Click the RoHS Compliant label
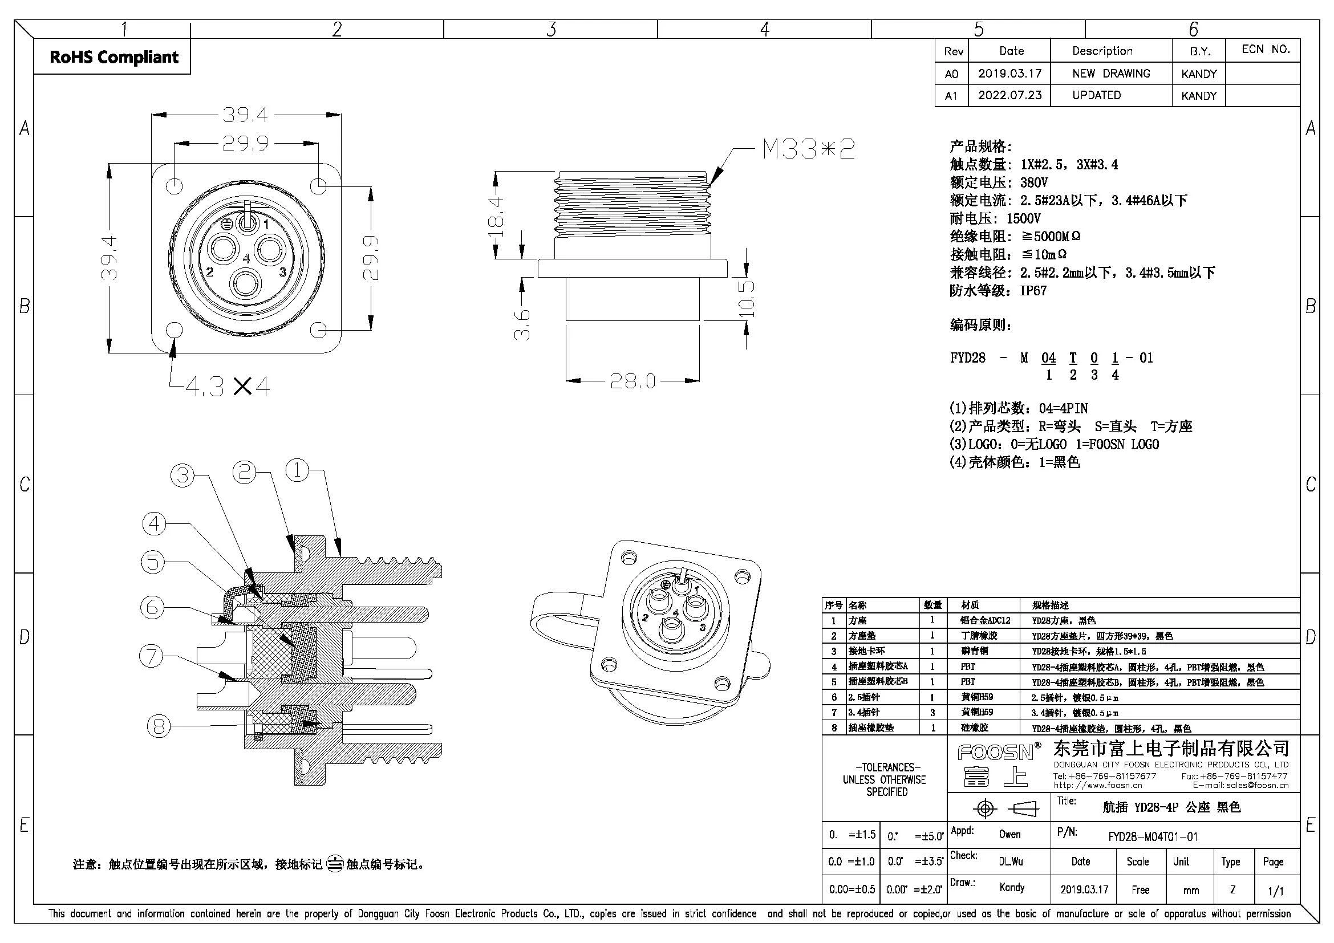pyautogui.click(x=114, y=57)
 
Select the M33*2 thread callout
pyautogui.click(x=808, y=149)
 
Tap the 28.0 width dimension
pyautogui.click(x=632, y=381)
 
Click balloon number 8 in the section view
pyautogui.click(x=159, y=726)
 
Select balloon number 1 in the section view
pyautogui.click(x=298, y=470)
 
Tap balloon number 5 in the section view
pyautogui.click(x=153, y=562)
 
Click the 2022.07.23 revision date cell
pyautogui.click(x=1010, y=95)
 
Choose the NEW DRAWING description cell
pyautogui.click(x=1111, y=74)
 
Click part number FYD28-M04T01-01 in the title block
pyautogui.click(x=1153, y=837)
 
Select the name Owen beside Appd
pyautogui.click(x=1010, y=835)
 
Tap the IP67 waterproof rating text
pyautogui.click(x=1033, y=290)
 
